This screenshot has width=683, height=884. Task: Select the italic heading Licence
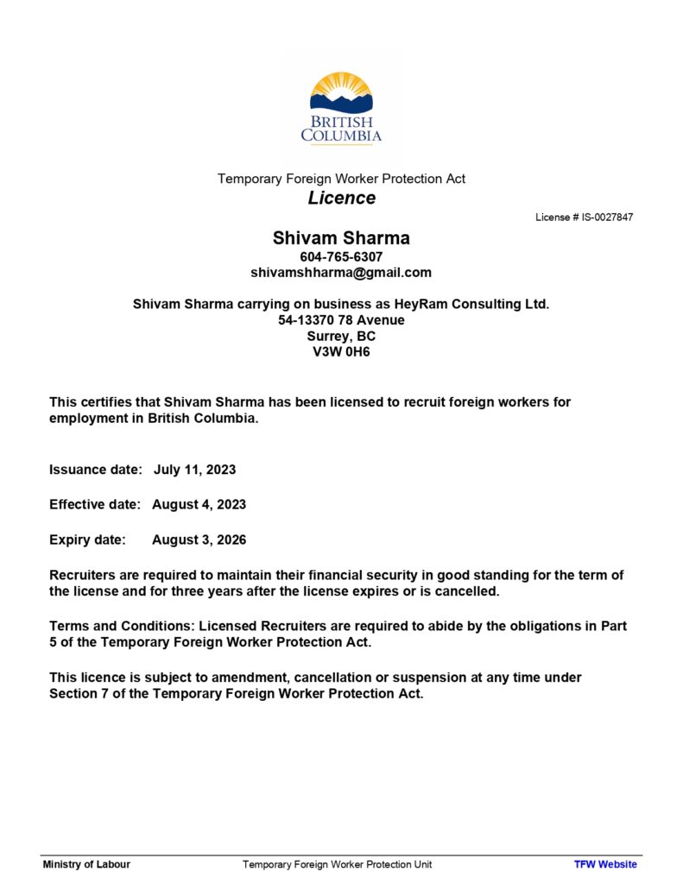tap(342, 199)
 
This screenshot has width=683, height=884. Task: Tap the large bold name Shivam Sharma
tap(341, 238)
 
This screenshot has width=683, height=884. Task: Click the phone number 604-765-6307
tap(341, 257)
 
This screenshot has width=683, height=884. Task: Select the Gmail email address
tap(341, 273)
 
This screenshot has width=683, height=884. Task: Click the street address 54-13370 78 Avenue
tap(341, 320)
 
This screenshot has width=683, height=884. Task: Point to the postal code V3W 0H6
tap(341, 352)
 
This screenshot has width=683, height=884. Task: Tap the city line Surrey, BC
tap(341, 336)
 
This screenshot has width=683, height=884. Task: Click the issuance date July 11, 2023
tap(194, 470)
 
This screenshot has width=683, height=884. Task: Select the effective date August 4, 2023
tap(199, 505)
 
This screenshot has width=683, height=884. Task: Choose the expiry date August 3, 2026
tap(199, 540)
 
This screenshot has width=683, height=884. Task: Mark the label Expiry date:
tap(87, 540)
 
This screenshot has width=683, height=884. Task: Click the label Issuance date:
tap(95, 470)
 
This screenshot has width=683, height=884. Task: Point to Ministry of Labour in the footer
tap(86, 864)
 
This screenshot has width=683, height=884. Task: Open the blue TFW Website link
tap(605, 864)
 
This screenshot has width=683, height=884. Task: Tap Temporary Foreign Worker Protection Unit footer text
tap(337, 864)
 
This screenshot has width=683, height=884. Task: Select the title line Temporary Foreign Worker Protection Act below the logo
tap(341, 179)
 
